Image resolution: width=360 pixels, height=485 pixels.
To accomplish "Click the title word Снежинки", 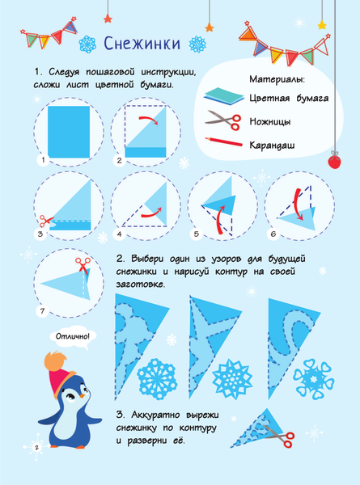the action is point(142,44).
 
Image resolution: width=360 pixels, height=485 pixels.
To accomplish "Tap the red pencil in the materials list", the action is point(223,142).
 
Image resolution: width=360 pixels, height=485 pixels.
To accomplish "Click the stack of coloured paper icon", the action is point(223,96).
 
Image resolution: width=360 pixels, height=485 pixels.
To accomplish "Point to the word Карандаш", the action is point(272,145).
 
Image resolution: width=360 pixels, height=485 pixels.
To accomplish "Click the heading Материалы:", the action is point(277,79).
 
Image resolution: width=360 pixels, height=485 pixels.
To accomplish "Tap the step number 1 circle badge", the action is point(43,160).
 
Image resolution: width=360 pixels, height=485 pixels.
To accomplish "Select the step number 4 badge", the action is point(120,234).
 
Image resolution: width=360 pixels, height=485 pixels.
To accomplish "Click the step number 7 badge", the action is point(42,311).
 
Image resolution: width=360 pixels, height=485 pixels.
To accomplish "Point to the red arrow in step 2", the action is point(149,120).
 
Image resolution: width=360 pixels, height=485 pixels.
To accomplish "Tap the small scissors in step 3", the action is point(46,221).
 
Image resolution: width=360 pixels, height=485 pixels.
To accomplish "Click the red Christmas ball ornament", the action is point(334,162).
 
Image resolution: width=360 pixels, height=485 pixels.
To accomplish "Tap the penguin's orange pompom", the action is point(57,361).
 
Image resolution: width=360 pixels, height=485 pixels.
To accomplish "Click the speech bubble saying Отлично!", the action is point(73,336).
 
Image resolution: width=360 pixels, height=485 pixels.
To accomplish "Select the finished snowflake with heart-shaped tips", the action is point(314,379).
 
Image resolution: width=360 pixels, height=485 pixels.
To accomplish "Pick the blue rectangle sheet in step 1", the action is point(69,132).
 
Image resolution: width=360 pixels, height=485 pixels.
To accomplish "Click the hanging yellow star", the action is point(322,25).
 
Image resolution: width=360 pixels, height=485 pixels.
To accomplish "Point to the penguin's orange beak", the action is point(82,395).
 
